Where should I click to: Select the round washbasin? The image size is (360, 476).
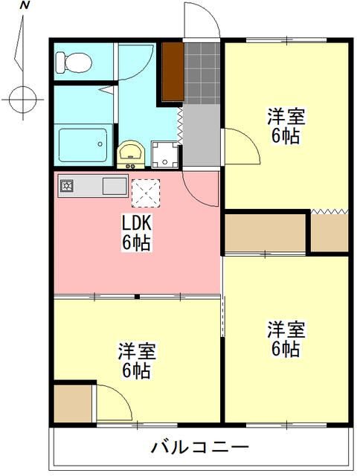tap(132, 153)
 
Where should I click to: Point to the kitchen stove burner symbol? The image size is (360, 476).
tap(66, 185)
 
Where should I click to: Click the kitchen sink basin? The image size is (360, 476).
tap(115, 185)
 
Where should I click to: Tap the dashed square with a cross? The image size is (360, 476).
tap(146, 193)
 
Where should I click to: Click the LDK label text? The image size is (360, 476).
tap(136, 222)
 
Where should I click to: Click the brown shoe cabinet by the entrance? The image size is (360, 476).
tap(173, 71)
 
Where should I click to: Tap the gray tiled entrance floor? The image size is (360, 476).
tap(202, 72)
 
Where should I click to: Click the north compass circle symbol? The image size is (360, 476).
tap(23, 97)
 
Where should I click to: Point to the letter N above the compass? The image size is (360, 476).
tap(25, 6)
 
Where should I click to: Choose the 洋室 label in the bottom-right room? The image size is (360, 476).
tap(286, 328)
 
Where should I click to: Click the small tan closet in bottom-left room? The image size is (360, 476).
tap(73, 402)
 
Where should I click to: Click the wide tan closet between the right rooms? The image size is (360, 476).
tap(266, 233)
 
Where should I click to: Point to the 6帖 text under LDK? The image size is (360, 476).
tap(137, 242)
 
